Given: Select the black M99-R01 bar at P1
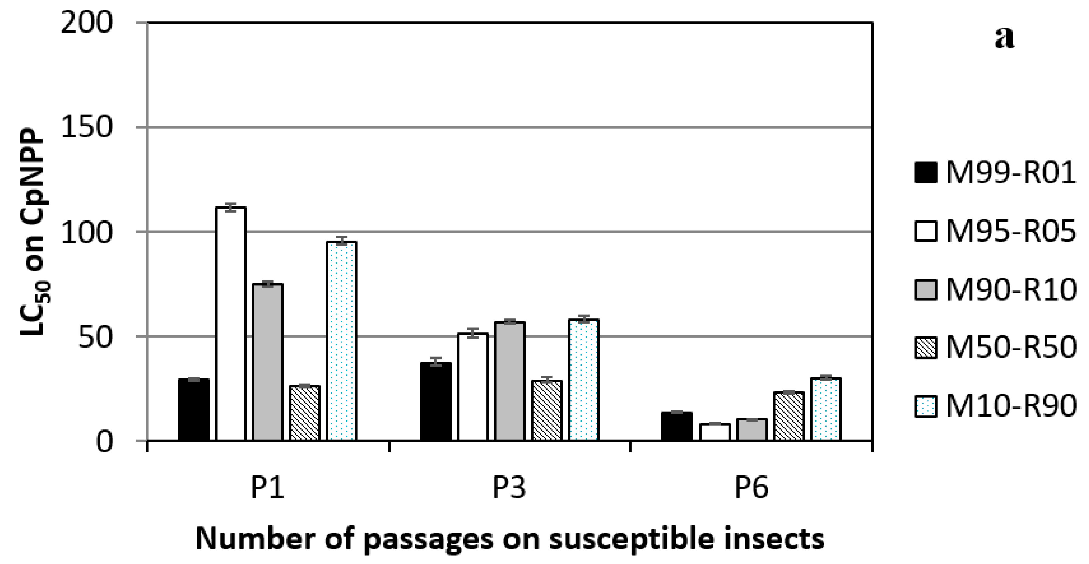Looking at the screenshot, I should [193, 410].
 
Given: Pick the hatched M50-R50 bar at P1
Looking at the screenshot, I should [304, 413].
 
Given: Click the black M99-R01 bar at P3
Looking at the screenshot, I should [436, 402].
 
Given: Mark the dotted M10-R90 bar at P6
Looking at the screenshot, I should [826, 409].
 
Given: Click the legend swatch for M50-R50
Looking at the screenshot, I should [926, 348].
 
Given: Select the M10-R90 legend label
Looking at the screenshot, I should [1010, 406].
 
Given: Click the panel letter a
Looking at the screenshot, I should [1005, 38].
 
